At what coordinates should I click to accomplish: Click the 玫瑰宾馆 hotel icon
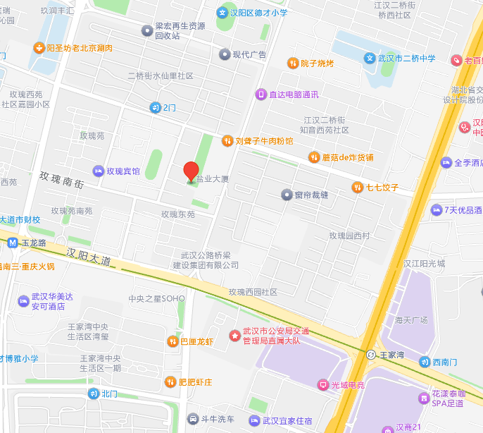[99, 171]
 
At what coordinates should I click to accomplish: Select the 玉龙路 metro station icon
[12, 243]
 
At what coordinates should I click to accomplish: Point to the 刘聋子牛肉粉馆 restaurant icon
[227, 140]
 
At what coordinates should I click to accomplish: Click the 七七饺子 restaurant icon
[358, 187]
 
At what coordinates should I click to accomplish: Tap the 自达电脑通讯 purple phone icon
[261, 94]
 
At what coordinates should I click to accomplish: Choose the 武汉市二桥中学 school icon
[369, 59]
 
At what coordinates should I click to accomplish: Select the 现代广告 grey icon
[224, 54]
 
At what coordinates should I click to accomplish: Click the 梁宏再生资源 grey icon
[146, 30]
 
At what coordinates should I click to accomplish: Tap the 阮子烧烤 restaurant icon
[292, 63]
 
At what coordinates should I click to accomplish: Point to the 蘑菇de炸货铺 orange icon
[313, 157]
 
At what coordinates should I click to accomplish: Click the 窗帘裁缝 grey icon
[286, 194]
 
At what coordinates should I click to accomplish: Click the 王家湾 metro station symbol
[370, 353]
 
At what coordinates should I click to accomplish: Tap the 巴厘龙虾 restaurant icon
[172, 341]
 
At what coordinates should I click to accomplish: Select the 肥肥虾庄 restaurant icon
[170, 382]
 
